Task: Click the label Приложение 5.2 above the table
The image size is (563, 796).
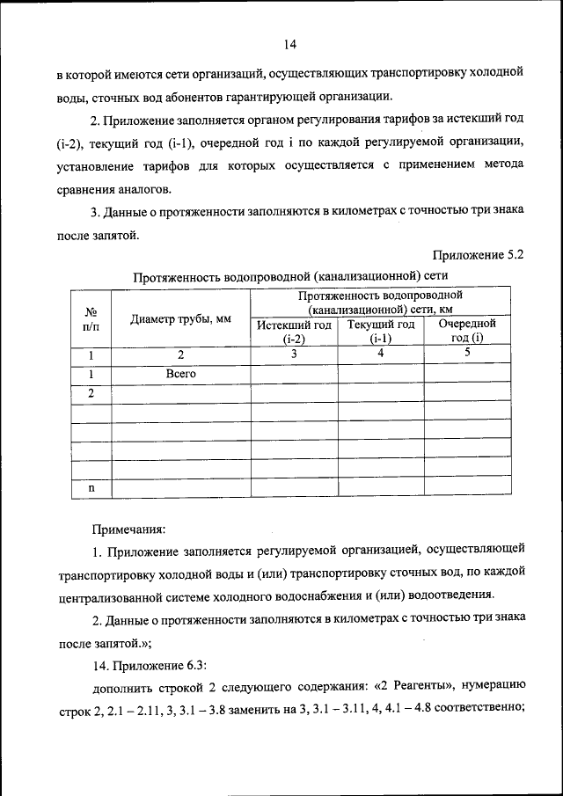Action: (479, 256)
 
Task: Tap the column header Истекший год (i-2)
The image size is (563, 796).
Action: (294, 332)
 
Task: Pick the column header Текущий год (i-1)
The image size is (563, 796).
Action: (380, 332)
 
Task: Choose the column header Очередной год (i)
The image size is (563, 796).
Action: (467, 332)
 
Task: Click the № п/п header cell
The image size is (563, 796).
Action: (90, 319)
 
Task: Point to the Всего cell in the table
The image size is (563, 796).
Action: (180, 374)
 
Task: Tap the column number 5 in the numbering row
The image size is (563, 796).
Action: (467, 354)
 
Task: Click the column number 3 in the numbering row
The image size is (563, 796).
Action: (294, 354)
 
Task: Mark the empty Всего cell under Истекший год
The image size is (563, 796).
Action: (294, 374)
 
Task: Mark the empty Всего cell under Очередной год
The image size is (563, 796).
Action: (467, 374)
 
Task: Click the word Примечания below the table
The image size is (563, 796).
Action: (128, 529)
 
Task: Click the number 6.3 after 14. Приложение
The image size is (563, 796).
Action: (194, 664)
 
